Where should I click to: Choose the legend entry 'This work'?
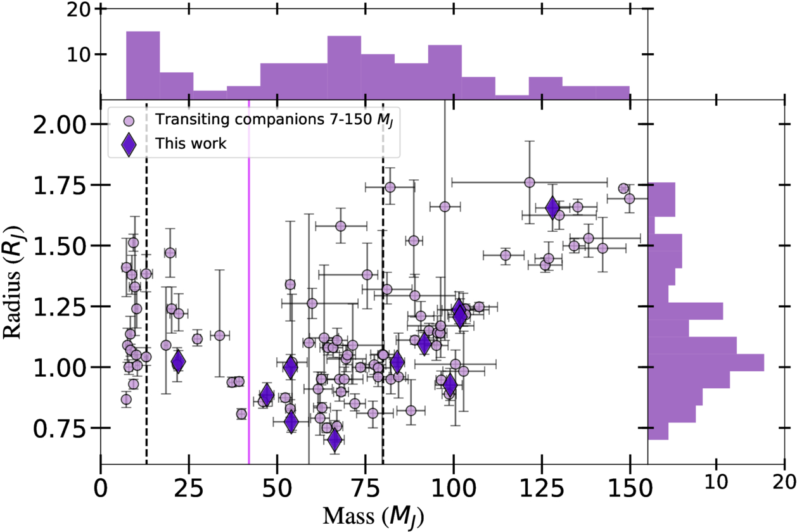click(191, 144)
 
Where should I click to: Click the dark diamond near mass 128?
click(552, 208)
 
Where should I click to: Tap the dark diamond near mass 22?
click(178, 362)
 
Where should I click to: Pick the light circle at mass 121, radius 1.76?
click(530, 182)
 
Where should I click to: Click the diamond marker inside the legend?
click(129, 144)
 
